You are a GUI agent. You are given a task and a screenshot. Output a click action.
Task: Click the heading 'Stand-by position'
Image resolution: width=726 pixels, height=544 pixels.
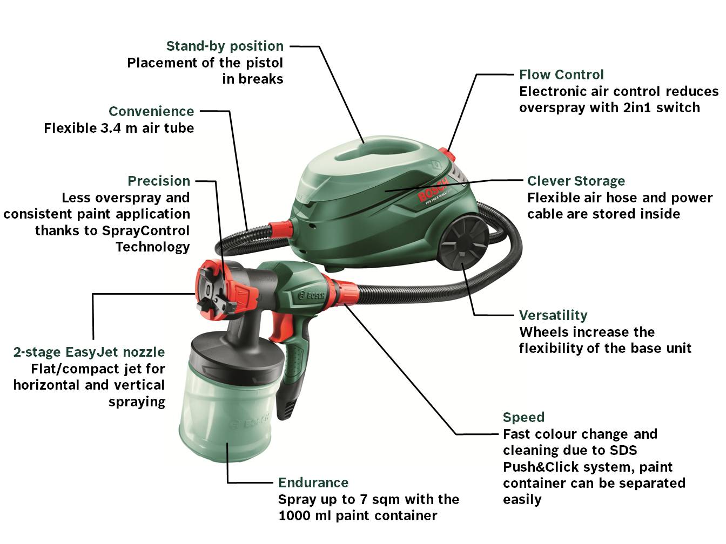[225, 46]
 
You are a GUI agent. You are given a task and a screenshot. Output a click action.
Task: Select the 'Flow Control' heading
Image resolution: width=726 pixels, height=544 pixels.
[561, 74]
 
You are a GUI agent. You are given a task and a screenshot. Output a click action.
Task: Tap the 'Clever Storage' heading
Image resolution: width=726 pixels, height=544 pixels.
[576, 181]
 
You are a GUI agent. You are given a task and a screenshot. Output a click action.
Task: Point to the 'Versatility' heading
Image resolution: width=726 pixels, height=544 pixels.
[553, 315]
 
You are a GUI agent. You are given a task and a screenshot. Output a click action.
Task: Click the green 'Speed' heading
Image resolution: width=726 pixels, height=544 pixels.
[523, 417]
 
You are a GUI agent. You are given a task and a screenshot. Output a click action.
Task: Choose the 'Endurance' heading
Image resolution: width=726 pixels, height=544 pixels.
[313, 482]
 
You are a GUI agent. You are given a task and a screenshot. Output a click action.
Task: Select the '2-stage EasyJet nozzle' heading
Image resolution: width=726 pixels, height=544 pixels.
[89, 352]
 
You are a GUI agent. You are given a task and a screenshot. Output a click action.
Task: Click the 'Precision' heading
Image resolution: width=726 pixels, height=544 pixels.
[159, 181]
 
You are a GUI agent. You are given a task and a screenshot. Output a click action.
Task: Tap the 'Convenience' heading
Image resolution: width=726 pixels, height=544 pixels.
[151, 111]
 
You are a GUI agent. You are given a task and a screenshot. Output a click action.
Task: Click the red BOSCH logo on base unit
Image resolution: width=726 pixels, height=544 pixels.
[433, 189]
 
